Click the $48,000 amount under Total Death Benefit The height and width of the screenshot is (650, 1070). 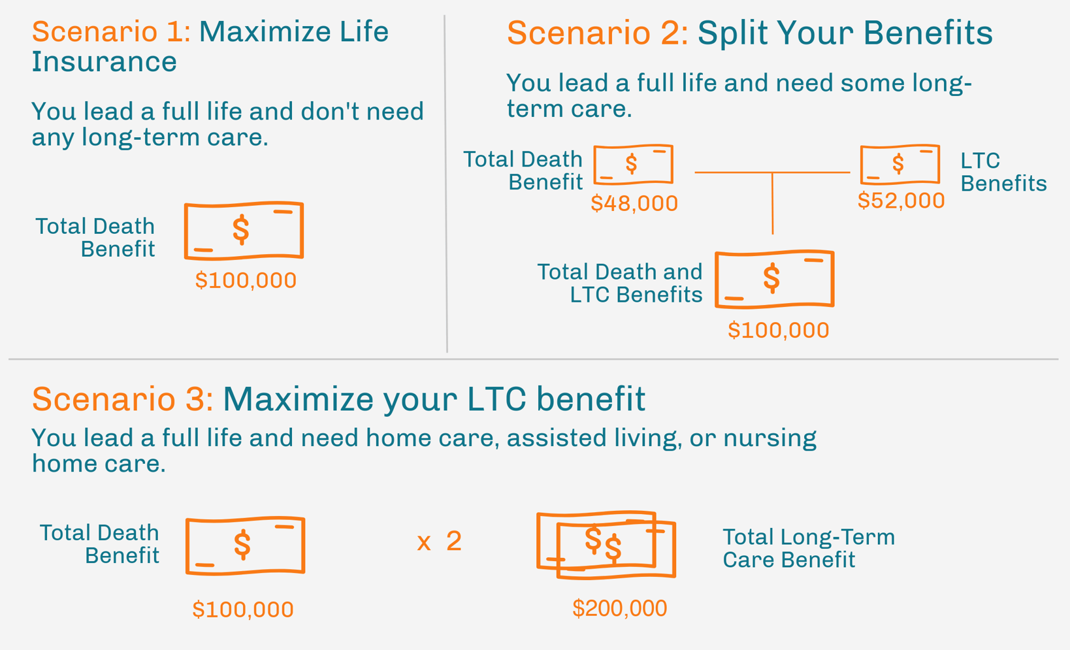point(634,204)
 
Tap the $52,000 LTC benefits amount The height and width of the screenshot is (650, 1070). point(901,201)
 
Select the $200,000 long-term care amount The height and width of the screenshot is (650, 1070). point(619,608)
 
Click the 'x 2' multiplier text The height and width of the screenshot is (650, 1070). point(439,542)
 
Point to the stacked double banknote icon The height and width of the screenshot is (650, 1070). point(606,545)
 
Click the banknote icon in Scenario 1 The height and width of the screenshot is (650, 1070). point(244,231)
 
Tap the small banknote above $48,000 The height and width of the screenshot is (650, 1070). point(633,164)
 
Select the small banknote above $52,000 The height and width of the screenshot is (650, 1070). point(900,164)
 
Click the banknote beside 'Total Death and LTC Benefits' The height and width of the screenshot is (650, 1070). point(774,279)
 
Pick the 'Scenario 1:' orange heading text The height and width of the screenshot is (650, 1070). point(111,32)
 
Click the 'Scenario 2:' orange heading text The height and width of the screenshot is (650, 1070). point(597,33)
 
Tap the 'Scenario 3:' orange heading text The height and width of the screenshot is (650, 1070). point(122,399)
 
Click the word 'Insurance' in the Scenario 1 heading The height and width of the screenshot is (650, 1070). point(104,62)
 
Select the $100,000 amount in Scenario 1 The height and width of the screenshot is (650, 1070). point(246,280)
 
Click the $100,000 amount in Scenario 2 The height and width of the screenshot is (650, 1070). point(778,330)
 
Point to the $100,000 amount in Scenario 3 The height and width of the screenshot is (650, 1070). point(242,609)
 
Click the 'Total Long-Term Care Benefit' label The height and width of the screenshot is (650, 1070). point(808,548)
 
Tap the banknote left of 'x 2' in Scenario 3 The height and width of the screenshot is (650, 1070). point(245,545)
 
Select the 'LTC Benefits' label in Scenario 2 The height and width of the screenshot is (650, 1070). point(1003,172)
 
